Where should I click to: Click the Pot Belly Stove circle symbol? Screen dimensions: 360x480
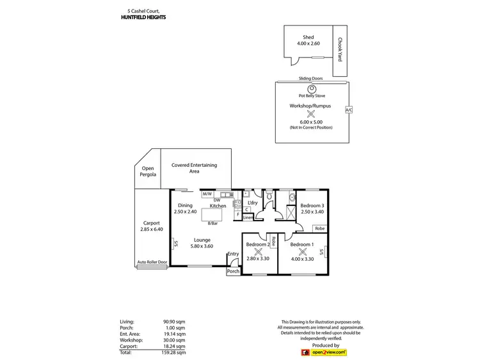coord(312,88)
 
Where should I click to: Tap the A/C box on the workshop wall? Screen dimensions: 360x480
coord(348,110)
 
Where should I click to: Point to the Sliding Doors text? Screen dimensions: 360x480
coord(310,79)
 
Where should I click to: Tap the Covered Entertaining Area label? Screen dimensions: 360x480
coord(194,168)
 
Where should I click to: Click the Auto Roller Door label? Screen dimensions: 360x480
coord(152,262)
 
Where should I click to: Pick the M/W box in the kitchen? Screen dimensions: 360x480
coord(208,194)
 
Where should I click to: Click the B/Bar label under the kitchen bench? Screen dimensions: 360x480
coord(212,223)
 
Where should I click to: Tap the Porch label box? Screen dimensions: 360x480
coord(233,271)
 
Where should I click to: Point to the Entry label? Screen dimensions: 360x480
coord(233,254)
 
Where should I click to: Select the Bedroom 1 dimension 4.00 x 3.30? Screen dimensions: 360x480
coord(301,258)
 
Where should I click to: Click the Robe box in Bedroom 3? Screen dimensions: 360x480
coord(319,228)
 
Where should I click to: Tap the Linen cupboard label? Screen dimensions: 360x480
coord(248,217)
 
